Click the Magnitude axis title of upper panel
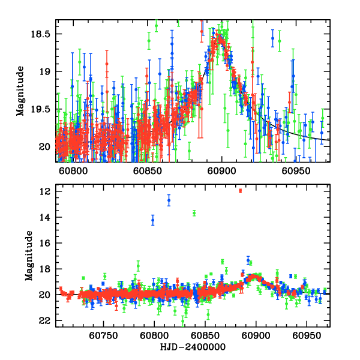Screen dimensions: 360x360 tap(20, 91)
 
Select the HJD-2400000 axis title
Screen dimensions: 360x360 tap(192, 347)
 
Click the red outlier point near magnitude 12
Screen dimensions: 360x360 tap(240, 191)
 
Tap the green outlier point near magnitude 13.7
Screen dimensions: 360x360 tap(194, 213)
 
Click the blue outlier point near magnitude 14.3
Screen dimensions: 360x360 tap(152, 220)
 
